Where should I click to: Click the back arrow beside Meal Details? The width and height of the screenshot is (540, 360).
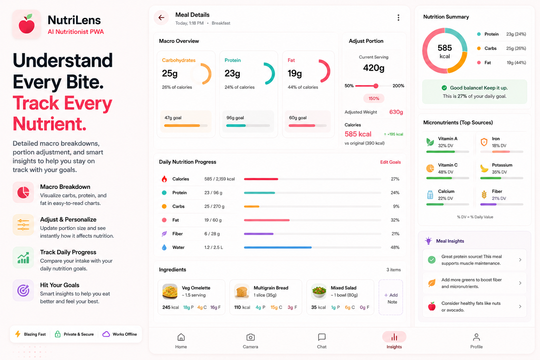tap(161, 17)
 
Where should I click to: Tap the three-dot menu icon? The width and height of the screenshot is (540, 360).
tap(398, 17)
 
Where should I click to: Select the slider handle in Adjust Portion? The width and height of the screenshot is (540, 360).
tap(376, 86)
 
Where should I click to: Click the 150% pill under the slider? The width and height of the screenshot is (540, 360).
tap(374, 98)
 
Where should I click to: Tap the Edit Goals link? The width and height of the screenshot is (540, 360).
tap(390, 162)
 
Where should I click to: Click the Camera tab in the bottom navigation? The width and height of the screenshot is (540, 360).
tap(250, 341)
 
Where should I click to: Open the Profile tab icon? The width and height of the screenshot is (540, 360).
tap(476, 337)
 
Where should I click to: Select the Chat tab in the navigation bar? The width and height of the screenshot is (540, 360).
tap(322, 341)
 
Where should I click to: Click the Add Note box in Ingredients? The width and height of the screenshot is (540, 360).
tap(391, 297)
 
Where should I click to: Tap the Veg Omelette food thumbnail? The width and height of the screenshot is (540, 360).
tap(170, 291)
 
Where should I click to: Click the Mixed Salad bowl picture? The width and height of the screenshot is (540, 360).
tap(319, 291)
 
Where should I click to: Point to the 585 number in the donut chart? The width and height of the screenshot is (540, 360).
tap(445, 48)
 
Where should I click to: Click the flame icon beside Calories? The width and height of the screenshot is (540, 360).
tap(164, 179)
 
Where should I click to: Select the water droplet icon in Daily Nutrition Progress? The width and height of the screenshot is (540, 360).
tap(164, 247)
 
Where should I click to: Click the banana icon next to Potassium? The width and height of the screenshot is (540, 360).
tap(484, 168)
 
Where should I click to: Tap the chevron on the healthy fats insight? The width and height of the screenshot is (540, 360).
tap(520, 306)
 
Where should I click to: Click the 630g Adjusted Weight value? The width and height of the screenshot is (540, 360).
tap(396, 112)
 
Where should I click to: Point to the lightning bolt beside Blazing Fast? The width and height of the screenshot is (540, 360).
tap(18, 334)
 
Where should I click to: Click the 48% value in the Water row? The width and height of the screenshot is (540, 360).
tap(395, 247)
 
